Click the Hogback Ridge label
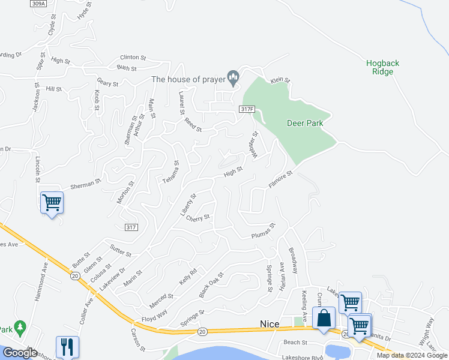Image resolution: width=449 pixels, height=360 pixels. tap(382, 67)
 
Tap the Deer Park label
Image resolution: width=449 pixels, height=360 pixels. tap(305, 123)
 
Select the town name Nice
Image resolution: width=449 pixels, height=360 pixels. tap(270, 324)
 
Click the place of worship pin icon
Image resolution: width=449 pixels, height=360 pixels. tap(234, 77)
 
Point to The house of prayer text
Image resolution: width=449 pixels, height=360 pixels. tap(187, 79)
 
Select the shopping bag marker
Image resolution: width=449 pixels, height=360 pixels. tap(324, 319)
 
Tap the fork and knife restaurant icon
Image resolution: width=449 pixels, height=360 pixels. tap(67, 346)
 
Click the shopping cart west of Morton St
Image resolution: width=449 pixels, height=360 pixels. tap(52, 203)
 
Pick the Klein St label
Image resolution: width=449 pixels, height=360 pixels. tap(280, 80)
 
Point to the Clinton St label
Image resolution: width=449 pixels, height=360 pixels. tap(133, 58)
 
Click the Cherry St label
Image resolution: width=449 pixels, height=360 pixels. tap(198, 218)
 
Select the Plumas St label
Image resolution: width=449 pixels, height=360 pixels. tap(263, 231)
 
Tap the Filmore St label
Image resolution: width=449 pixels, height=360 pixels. tap(280, 180)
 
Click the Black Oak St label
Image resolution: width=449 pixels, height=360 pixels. tap(211, 284)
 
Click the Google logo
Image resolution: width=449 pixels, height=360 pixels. tap(20, 352)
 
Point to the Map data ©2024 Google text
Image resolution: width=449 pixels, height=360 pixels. tap(412, 355)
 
